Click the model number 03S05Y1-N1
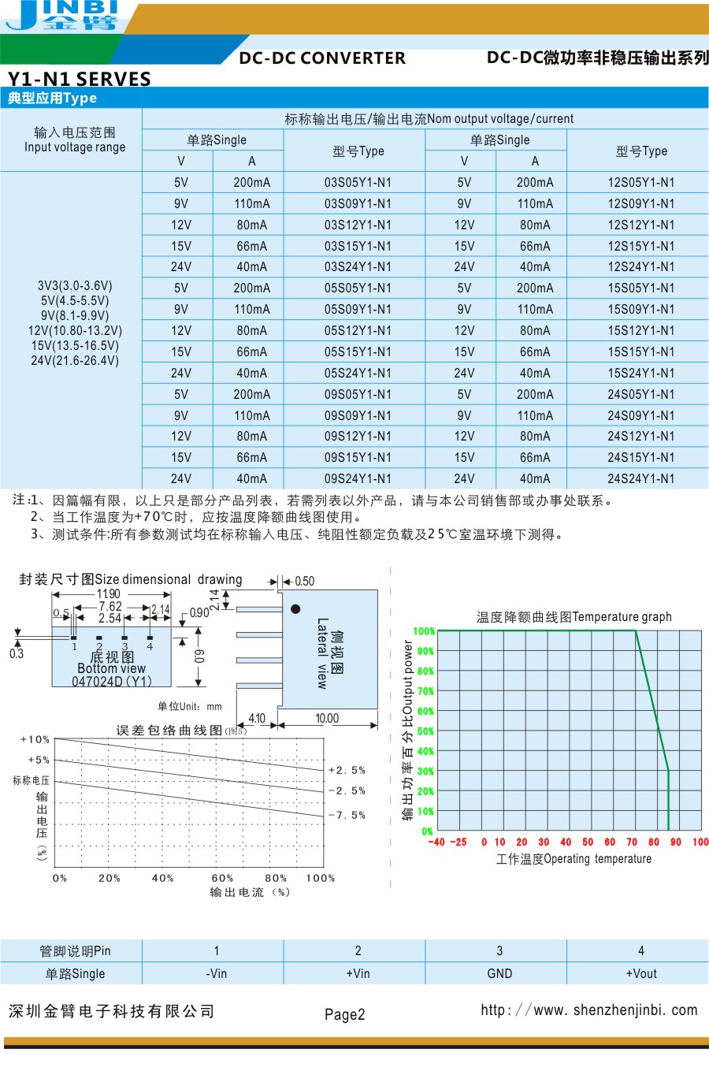pos(358,182)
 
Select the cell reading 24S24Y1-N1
pos(640,478)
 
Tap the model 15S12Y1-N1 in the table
pos(640,330)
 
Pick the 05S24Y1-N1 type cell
pos(358,373)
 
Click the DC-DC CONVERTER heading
pos(322,58)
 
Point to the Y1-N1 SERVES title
pos(80,79)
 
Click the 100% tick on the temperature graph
pos(424,631)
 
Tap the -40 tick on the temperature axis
pos(436,842)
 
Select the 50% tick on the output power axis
pos(425,731)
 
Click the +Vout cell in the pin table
pos(640,973)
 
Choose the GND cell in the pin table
pos(499,973)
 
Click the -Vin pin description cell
pos(216,973)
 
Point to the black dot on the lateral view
pos(295,608)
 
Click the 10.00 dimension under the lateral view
pos(327,718)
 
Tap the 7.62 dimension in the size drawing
pos(110,606)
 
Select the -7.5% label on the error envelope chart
pos(347,815)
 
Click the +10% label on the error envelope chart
pos(35,739)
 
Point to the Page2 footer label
pos(345,1014)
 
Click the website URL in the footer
pos(588,1010)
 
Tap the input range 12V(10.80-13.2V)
pos(75,330)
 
